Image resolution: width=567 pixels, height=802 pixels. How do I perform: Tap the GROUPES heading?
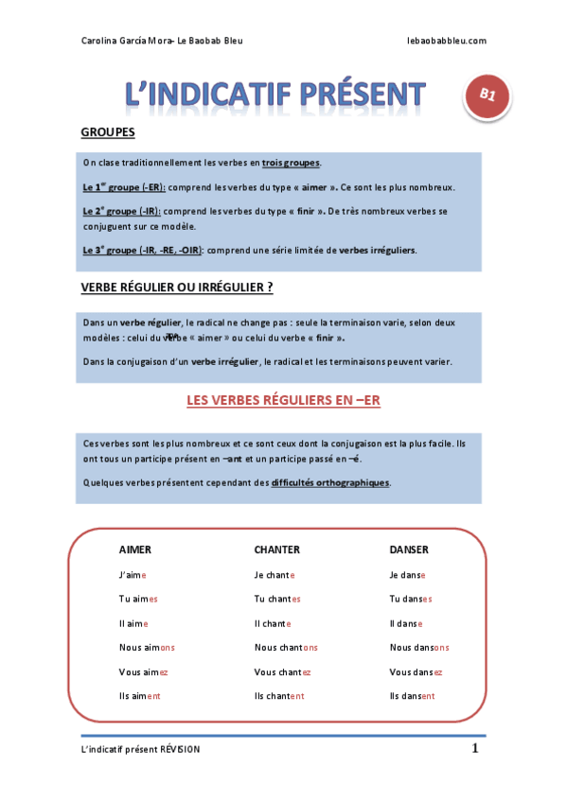(x=108, y=132)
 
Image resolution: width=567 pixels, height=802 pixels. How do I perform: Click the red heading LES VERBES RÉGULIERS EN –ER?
(x=283, y=401)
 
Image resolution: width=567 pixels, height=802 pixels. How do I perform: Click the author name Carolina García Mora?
(x=122, y=41)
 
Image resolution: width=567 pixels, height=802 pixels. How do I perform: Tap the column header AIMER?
(x=135, y=549)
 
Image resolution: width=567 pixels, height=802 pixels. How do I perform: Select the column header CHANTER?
(x=276, y=549)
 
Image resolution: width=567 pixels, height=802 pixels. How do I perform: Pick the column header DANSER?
(x=409, y=549)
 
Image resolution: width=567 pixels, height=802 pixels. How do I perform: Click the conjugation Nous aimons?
(x=147, y=648)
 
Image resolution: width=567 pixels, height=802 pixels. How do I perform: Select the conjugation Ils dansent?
(x=412, y=696)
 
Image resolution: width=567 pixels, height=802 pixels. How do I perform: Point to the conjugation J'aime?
(x=133, y=575)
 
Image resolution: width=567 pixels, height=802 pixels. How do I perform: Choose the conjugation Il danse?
(x=406, y=623)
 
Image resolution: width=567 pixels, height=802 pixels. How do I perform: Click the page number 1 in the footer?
(x=475, y=749)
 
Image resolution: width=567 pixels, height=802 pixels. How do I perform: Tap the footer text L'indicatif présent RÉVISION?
(x=141, y=749)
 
